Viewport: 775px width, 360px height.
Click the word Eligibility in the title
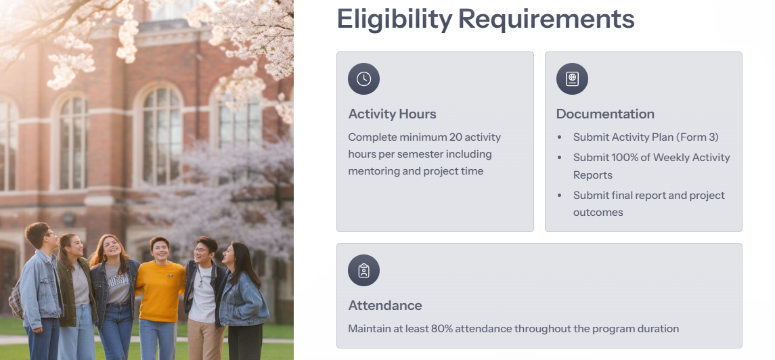(395, 19)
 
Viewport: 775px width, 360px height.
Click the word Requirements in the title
(546, 19)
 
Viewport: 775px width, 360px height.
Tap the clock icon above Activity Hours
(363, 79)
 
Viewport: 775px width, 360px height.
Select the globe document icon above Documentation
(572, 79)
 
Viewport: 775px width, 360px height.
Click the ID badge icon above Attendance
(363, 271)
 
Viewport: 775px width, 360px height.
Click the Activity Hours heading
(393, 114)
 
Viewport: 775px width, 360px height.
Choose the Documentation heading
(606, 114)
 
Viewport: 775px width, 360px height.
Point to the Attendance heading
(385, 306)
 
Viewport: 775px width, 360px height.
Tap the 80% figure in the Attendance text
(441, 329)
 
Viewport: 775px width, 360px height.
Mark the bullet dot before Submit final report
(560, 196)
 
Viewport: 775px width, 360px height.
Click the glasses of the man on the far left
(49, 234)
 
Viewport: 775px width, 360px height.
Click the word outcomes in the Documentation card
(598, 213)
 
